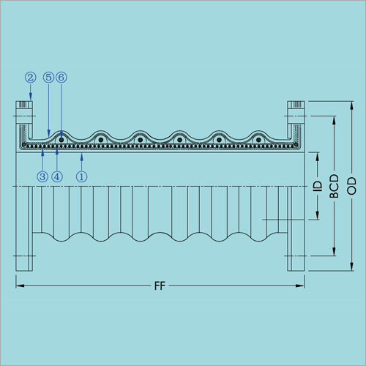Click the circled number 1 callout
(82, 176)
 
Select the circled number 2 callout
(30, 78)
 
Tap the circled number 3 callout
(42, 176)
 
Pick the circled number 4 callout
(57, 176)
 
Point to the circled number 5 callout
(48, 78)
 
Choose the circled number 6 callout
(61, 78)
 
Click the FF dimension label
(160, 285)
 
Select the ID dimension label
(318, 186)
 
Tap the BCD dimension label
(335, 186)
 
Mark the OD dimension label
(351, 186)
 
